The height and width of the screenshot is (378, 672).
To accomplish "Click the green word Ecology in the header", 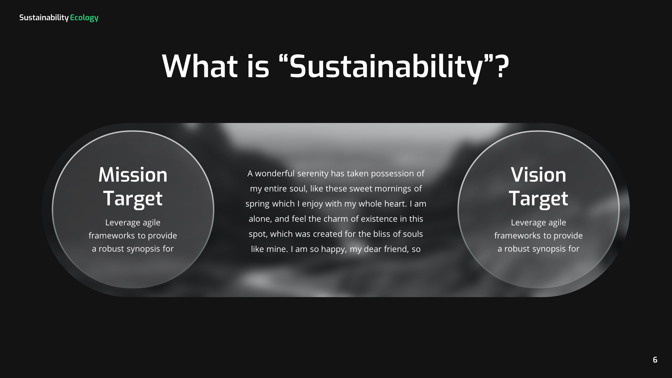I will click(84, 18).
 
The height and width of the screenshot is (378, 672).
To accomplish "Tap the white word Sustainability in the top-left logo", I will click(44, 18).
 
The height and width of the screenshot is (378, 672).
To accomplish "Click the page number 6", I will click(655, 360).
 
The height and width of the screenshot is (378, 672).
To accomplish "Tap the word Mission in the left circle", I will click(133, 175).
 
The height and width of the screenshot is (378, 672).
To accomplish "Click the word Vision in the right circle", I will click(538, 175).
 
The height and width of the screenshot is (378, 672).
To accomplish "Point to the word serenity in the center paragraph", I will click(312, 173).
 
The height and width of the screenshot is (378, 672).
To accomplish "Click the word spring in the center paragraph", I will click(257, 204).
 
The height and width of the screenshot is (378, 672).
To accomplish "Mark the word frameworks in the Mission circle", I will click(112, 236).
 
